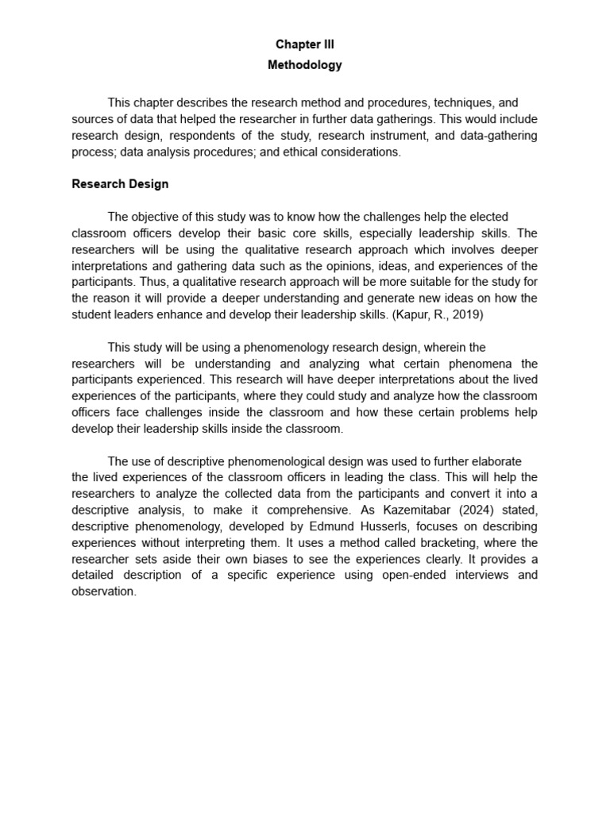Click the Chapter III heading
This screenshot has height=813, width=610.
pyautogui.click(x=305, y=45)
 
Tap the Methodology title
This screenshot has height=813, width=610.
pyautogui.click(x=305, y=65)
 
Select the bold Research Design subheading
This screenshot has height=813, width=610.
pyautogui.click(x=120, y=184)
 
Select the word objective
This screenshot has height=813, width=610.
pyautogui.click(x=156, y=217)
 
